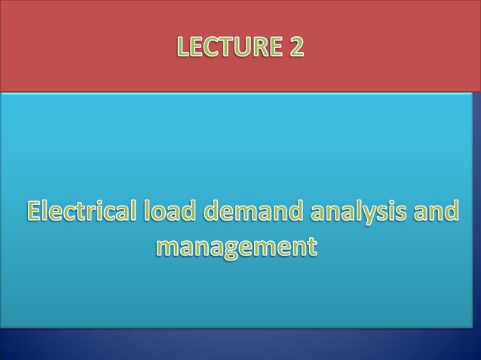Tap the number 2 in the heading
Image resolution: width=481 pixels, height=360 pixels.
(296, 47)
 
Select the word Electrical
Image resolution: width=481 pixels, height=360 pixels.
(81, 212)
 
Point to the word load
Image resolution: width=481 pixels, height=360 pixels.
(168, 212)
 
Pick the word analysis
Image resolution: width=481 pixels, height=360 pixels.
(359, 213)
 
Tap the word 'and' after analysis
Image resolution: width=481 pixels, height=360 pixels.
(438, 212)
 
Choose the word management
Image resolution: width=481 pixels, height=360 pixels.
(235, 246)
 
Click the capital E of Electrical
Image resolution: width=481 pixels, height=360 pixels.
(36, 212)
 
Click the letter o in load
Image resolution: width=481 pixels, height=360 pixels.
(161, 214)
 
